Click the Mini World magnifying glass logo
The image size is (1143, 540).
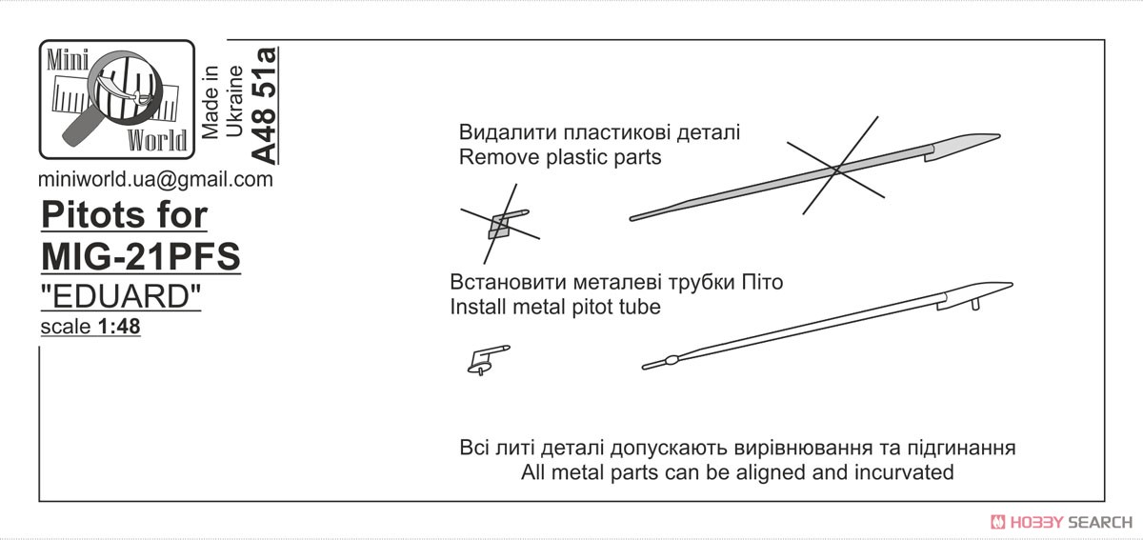pos(117,100)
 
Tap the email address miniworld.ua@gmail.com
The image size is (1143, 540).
pos(155,179)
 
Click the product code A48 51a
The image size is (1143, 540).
pos(265,106)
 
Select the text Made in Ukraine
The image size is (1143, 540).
pos(222,102)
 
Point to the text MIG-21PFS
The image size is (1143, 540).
pos(141,256)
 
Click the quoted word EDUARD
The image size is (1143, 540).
pos(121,296)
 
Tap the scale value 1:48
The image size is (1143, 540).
pos(119,327)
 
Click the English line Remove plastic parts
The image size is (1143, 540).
pos(560,157)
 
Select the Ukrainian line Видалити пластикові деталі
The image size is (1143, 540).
pos(599,132)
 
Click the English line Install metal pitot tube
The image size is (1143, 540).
pos(555,307)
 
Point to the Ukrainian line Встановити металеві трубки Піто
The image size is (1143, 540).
pos(616,282)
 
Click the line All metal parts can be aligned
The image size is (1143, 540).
pos(737,472)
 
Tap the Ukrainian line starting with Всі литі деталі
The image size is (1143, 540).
pos(737,448)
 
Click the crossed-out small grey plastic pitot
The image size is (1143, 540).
pos(504,224)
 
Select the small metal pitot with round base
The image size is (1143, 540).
pos(488,360)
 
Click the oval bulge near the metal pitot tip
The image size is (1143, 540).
pos(671,361)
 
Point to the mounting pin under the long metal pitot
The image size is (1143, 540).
pos(975,305)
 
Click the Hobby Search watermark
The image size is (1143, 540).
pos(1061,522)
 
